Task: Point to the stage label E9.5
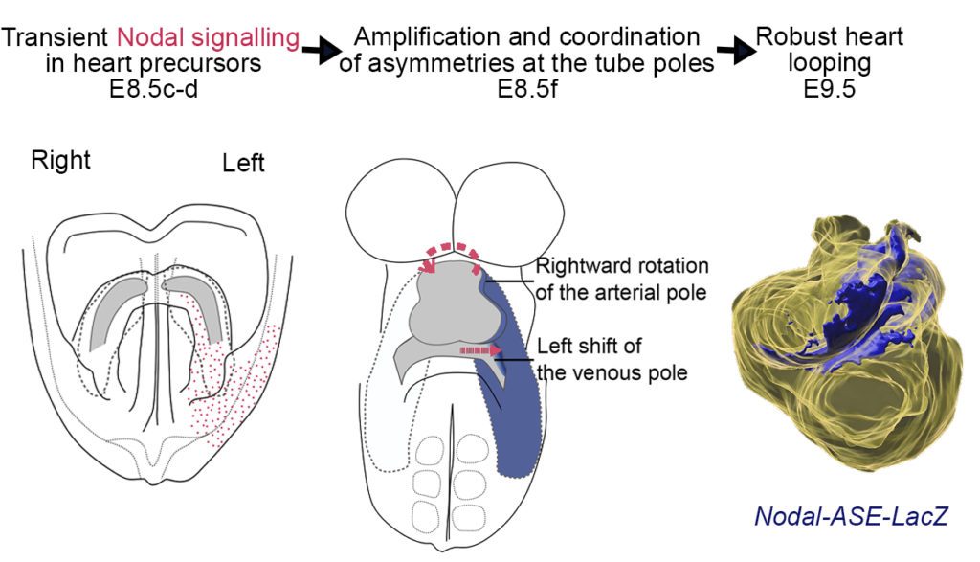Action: pos(829,92)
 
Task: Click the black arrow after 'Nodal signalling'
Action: pos(323,51)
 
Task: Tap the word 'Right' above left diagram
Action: pos(60,159)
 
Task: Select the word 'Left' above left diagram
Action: pos(243,164)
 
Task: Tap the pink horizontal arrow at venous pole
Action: pos(480,351)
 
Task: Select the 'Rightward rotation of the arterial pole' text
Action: pos(620,279)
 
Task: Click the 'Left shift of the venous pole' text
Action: pos(612,359)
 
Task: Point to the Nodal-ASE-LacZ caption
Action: pos(851,516)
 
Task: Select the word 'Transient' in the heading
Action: pos(56,39)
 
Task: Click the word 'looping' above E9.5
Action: pos(829,65)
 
